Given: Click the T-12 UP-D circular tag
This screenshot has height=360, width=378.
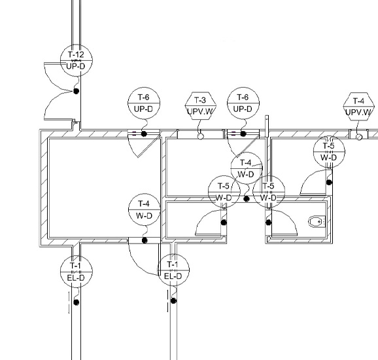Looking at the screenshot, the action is coord(76,60).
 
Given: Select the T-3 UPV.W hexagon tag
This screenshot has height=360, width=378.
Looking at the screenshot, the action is coord(201,106).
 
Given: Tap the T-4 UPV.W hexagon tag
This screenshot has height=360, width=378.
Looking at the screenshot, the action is coord(359,107).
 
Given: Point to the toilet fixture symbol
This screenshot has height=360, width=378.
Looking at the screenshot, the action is coord(317,221).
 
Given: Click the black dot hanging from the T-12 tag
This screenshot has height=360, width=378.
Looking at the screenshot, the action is coord(76,91).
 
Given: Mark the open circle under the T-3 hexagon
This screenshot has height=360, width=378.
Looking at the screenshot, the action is coord(200,137).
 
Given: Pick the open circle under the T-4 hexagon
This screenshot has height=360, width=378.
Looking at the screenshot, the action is coord(359,137).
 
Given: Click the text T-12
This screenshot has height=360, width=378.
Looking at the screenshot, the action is coord(76,54).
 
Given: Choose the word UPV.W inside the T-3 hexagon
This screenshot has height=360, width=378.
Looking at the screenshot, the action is coord(200,111).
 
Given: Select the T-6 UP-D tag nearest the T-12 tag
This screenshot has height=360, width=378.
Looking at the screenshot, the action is coord(144,103).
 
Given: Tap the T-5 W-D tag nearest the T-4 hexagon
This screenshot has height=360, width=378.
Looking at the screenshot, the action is coord(329,152).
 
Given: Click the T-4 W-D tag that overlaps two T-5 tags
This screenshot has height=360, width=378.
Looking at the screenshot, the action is coord(247,168).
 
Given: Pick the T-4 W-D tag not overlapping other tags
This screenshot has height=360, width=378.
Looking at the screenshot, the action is coord(144,209).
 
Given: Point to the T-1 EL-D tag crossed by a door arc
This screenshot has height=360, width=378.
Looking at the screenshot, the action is coord(173,270).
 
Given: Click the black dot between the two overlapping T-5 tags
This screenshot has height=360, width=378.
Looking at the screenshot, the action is coord(246,199).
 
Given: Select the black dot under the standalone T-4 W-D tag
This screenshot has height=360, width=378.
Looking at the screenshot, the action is coord(145,240).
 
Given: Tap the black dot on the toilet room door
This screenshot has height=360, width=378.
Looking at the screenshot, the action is coord(268,223).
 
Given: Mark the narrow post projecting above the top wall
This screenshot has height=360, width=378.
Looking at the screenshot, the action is coord(267,126).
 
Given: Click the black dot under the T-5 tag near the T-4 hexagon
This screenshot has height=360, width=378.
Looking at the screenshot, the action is coord(329,183).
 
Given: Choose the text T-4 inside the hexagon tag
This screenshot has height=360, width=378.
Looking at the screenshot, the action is coord(358,101).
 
